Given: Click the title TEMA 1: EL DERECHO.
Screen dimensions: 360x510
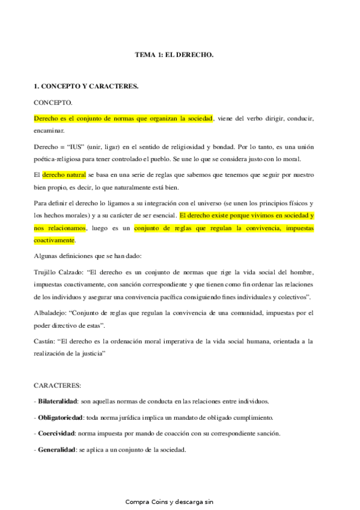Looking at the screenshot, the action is click(174, 55).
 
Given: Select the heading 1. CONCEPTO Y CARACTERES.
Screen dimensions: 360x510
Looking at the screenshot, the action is click(86, 87).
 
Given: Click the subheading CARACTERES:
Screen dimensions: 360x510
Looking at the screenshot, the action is click(58, 384).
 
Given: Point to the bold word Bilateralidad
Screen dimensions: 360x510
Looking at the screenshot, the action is click(59, 401).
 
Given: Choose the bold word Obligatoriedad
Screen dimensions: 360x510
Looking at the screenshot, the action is click(61, 417).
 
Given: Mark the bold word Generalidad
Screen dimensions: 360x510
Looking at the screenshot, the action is click(56, 450).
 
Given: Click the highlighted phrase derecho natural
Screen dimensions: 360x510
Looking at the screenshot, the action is click(64, 174).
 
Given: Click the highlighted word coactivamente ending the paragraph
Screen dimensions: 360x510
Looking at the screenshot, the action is click(54, 240).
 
